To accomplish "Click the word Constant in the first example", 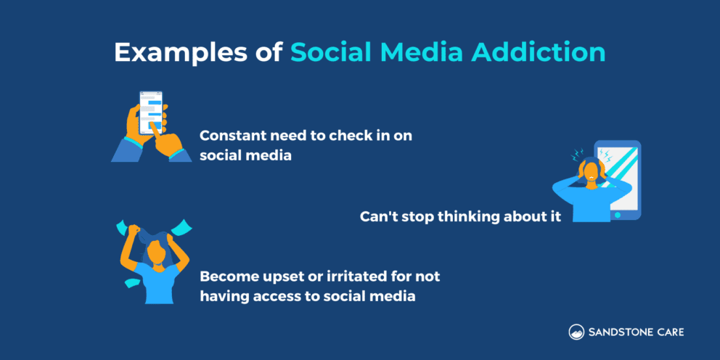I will click(x=229, y=136).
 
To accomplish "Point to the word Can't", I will click(x=379, y=216).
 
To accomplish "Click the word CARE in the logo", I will click(x=669, y=332).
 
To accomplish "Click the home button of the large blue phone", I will click(x=617, y=215).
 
